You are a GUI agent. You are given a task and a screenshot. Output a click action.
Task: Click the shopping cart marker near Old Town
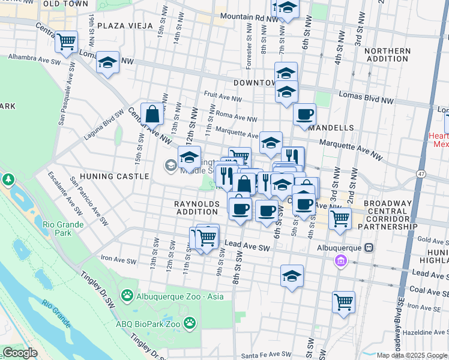pos(66,42)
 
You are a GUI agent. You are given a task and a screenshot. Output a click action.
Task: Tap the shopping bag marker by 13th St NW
pos(152,113)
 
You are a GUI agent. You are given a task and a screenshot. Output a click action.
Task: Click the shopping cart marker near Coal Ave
pos(343,302)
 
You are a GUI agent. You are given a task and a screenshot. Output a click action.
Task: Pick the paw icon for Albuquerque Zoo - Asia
pos(127,295)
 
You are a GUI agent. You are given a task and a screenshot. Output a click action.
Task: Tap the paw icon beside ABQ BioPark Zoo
pos(190,323)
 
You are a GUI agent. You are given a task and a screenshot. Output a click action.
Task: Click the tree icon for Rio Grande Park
pos(9,179)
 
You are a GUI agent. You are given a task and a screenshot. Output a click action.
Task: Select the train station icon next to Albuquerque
pos(370,247)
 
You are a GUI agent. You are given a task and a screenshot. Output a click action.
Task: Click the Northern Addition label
pos(391,55)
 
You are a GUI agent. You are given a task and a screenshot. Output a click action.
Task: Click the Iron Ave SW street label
pos(115,259)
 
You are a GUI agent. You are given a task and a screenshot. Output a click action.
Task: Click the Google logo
pos(20,353)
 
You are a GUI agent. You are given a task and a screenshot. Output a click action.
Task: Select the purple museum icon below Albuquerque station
pos(341,261)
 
